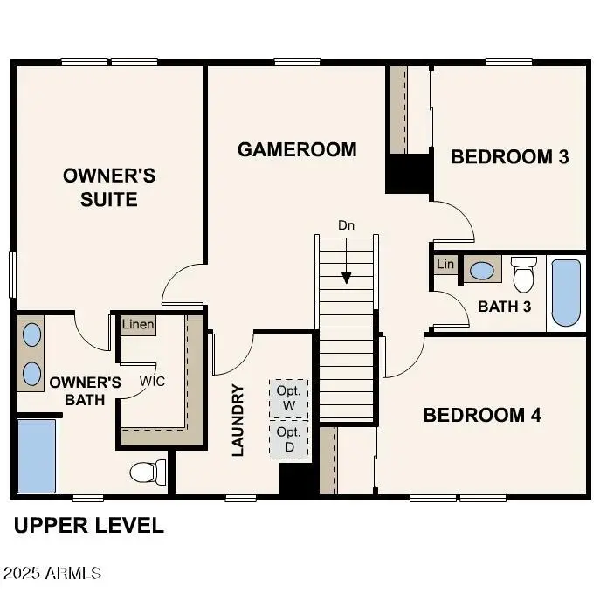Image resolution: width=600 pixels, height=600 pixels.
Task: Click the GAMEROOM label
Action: pos(297,149)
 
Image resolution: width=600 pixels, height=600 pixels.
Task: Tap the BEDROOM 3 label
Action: pos(509,157)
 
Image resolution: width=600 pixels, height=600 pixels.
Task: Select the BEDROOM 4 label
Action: pos(482,415)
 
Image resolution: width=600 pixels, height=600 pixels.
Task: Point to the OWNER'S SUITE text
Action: pos(109,188)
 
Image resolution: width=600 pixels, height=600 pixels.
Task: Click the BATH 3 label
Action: pos(504,307)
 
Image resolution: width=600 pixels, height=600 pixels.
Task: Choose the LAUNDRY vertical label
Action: pos(238,420)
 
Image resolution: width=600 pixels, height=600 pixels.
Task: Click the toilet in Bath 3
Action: pos(523,275)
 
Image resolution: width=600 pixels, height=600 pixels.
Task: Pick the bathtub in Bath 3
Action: pos(565,293)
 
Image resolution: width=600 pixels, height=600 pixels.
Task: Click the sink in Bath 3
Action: pos(480,270)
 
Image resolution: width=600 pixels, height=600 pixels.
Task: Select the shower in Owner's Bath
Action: pos(37,455)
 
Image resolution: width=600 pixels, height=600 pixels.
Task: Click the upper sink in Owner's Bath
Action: pos(32,334)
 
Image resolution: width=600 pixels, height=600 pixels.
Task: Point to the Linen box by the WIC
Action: pos(137,325)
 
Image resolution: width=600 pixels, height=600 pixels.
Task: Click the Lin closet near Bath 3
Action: pos(445,264)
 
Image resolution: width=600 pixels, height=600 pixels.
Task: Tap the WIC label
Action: pos(153,382)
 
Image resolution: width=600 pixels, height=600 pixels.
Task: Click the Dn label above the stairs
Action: pos(347,225)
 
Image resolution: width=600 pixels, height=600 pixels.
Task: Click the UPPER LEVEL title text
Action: pos(89,526)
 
